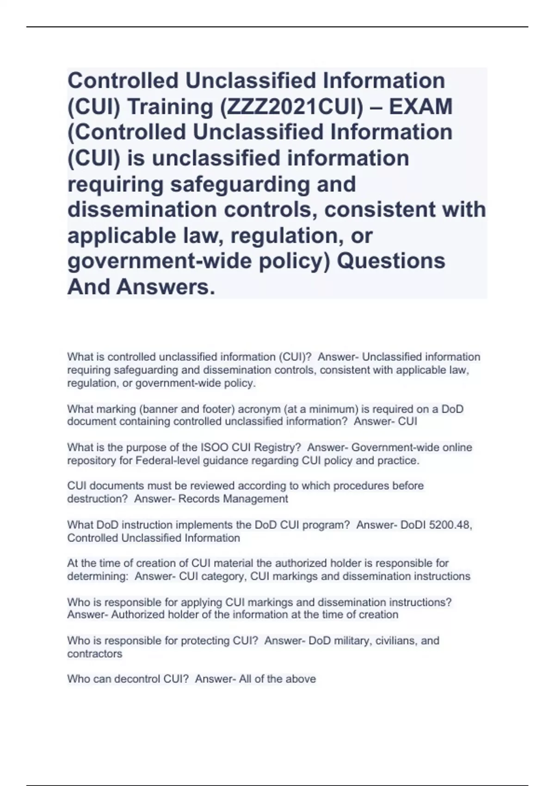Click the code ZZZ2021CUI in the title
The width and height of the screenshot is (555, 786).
click(x=290, y=107)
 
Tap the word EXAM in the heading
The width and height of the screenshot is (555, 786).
click(x=420, y=107)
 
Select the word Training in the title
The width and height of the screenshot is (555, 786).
click(x=170, y=107)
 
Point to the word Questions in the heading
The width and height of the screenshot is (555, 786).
click(x=391, y=261)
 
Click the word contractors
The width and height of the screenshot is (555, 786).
click(x=95, y=654)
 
